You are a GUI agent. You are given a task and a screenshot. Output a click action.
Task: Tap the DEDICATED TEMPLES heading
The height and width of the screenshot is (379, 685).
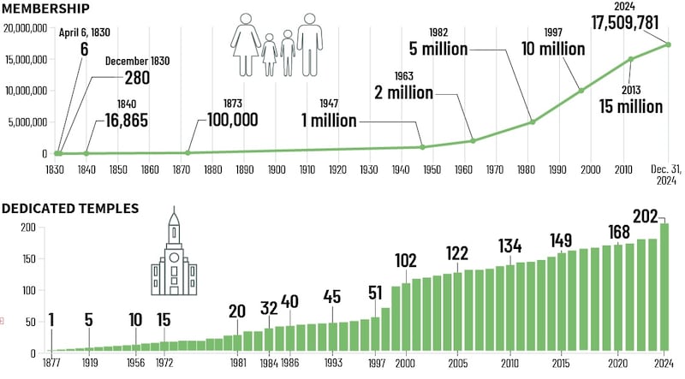tap(70, 208)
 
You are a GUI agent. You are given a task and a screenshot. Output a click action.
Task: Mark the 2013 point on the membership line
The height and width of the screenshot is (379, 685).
tap(631, 59)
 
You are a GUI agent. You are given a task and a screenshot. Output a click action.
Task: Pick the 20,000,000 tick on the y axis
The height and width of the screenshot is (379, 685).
tap(30, 28)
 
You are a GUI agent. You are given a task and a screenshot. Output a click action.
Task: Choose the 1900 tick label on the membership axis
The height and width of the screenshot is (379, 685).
tap(276, 170)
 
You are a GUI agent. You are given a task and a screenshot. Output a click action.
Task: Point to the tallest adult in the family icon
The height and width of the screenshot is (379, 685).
tap(309, 42)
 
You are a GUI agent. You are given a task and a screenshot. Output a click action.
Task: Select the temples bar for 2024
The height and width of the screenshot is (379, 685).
tap(663, 287)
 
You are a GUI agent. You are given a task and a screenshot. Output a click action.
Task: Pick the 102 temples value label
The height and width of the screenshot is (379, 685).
tap(406, 260)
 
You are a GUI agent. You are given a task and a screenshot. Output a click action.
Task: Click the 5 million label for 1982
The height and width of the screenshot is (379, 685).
tap(438, 49)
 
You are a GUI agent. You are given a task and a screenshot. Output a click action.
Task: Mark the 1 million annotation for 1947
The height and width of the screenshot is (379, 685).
tap(329, 121)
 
